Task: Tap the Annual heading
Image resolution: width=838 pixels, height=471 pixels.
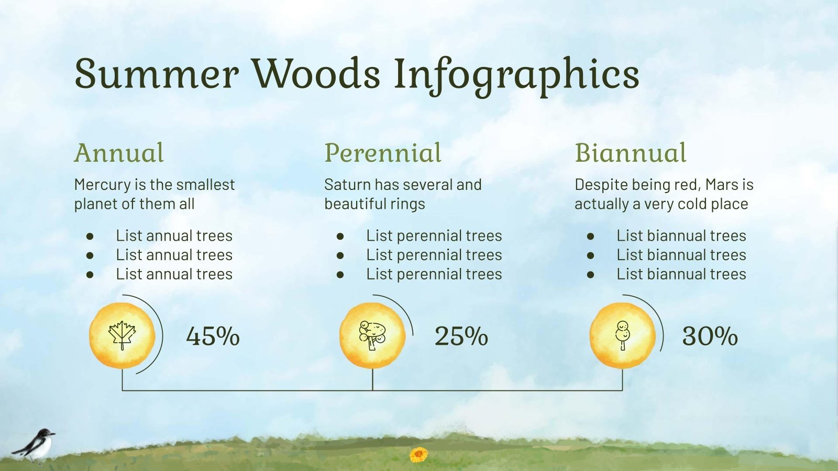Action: [x=119, y=153]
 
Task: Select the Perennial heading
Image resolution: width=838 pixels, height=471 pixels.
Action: [x=383, y=153]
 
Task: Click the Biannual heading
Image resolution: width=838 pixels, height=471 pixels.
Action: [x=630, y=153]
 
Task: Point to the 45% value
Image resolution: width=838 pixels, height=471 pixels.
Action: [x=213, y=336]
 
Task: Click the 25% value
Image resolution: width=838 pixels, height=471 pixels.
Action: [x=461, y=336]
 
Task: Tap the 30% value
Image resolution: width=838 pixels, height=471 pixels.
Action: [x=710, y=336]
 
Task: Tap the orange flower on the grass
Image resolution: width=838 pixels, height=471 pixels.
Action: [x=418, y=454]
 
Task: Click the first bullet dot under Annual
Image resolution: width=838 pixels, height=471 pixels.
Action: [x=90, y=237]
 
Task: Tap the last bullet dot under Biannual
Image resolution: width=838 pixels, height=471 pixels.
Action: [x=591, y=275]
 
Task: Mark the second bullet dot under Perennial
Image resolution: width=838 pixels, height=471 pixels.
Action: [x=340, y=255]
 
